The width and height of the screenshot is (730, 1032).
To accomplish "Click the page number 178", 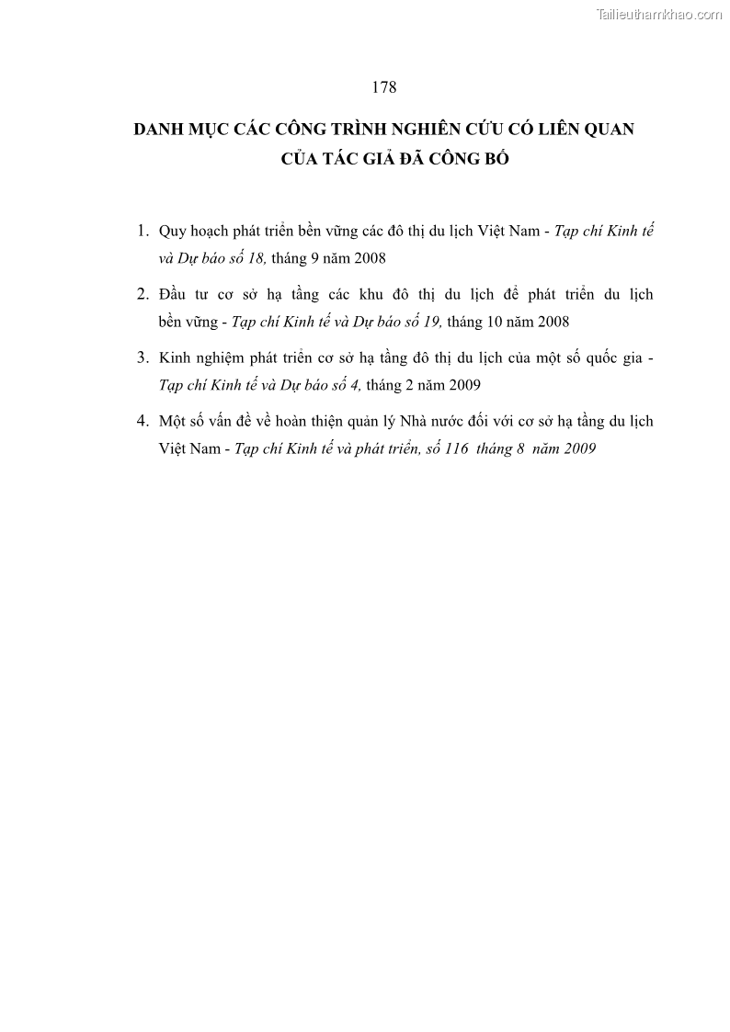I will (x=383, y=87).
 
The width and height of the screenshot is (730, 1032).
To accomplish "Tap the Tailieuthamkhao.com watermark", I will (x=659, y=15).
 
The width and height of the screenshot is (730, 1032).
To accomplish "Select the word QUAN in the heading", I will (x=605, y=129).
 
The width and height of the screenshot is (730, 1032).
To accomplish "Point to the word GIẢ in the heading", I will (x=384, y=159).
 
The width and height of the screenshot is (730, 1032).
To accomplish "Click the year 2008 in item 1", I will (x=368, y=258).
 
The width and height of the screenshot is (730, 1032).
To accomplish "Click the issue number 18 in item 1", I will (x=255, y=258).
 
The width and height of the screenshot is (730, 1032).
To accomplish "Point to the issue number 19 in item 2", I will (x=431, y=322).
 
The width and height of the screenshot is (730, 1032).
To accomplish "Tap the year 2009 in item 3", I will (x=462, y=385).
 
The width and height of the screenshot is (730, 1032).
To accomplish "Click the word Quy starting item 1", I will (x=172, y=231).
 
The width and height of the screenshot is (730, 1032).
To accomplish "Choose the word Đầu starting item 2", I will (x=174, y=294).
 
